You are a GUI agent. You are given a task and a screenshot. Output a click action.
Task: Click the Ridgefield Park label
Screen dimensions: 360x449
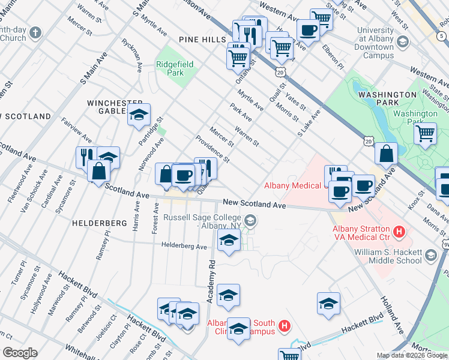pyautogui.click(x=170, y=67)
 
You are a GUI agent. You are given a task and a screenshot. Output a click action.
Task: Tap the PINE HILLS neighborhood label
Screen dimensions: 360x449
pyautogui.click(x=201, y=39)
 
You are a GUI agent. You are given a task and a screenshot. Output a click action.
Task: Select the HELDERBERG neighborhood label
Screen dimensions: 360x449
pyautogui.click(x=100, y=223)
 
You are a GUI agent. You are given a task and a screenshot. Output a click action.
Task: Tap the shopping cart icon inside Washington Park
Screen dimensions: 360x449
pyautogui.click(x=425, y=133)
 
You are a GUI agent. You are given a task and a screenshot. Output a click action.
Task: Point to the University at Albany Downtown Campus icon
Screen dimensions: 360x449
pyautogui.click(x=402, y=42)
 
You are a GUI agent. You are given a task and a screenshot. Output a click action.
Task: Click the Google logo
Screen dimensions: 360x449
pyautogui.click(x=19, y=353)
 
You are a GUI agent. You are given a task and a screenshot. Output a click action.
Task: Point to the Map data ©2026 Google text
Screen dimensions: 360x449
pyautogui.click(x=411, y=355)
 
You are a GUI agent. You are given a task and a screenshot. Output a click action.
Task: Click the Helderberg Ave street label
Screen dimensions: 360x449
pyautogui.click(x=184, y=245)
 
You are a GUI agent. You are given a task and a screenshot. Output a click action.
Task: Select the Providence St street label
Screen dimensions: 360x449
pyautogui.click(x=213, y=149)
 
